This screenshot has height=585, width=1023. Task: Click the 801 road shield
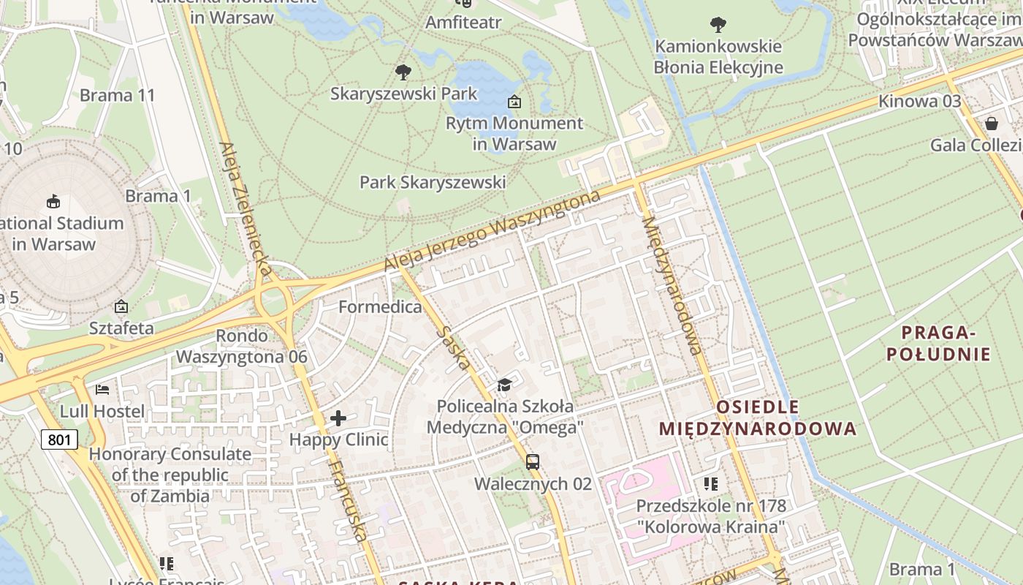coord(59,439)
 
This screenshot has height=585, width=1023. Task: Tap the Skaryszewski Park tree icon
coord(403,72)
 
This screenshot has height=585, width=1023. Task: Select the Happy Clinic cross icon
coord(338,418)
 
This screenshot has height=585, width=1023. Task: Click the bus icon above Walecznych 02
coord(533,461)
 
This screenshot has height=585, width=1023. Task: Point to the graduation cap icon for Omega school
coord(504,385)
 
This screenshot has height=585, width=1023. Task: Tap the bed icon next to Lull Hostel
coord(102,389)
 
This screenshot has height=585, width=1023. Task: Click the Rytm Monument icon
coord(514,102)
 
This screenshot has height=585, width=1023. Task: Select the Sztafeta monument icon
coord(121,306)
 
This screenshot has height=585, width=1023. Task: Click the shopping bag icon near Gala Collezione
coord(992,123)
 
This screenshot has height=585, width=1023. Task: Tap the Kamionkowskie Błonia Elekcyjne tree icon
coord(718,25)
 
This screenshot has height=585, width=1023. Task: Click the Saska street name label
coord(454,347)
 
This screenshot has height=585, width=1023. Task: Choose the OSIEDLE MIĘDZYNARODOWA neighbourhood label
coord(757,418)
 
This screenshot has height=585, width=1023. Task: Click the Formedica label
coord(380,306)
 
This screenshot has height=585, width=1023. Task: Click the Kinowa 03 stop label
coord(919,101)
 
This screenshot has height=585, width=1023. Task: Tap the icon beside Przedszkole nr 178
coord(710,483)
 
